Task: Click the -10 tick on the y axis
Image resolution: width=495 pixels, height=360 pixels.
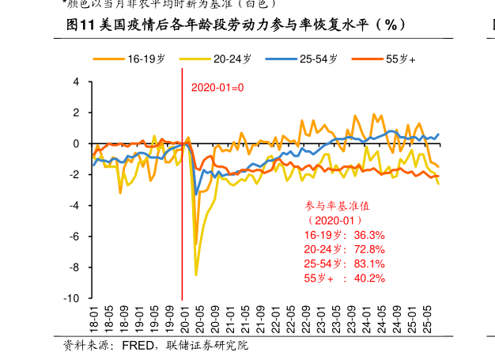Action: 73,299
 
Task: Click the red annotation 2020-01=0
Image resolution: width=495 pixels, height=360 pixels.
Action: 217,87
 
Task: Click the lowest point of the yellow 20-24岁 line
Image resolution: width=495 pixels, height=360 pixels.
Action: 196,275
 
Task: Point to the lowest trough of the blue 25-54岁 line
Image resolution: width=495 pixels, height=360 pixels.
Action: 196,194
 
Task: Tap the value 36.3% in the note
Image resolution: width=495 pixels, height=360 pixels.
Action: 369,235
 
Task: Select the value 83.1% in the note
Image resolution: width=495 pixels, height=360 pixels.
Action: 369,263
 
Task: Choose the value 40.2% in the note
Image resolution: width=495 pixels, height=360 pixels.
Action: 369,278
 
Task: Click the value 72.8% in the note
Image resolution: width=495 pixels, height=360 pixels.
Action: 369,249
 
